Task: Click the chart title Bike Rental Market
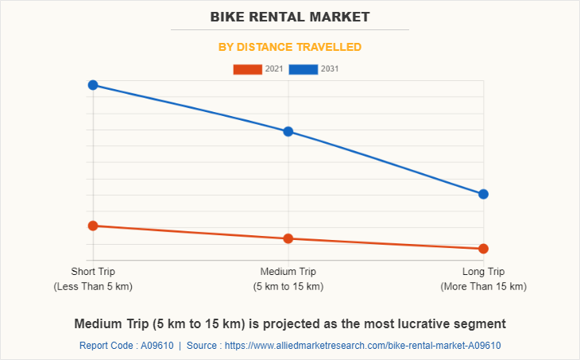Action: pos(290,16)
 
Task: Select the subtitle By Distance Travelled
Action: pos(290,47)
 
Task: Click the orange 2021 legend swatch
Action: pos(247,69)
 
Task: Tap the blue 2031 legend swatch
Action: pos(304,69)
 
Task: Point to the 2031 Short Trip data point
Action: pos(93,85)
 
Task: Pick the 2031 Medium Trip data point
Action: pos(288,131)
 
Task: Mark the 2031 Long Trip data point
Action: pos(483,194)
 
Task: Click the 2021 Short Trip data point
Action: pos(93,226)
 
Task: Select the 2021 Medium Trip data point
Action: pos(288,238)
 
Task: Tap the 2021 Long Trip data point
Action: pos(483,249)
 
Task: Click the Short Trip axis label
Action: pos(93,272)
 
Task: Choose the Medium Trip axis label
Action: pos(288,272)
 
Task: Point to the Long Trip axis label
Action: pos(483,272)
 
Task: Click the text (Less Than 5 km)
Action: pos(93,286)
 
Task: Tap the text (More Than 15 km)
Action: pos(483,286)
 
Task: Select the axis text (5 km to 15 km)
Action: pos(288,286)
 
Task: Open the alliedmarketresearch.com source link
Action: pos(363,346)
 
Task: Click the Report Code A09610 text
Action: pos(126,346)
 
